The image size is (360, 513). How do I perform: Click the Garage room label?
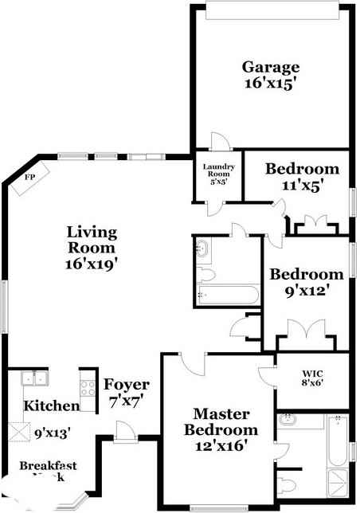coord(271,67)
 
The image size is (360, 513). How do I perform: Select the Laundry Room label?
coord(216,173)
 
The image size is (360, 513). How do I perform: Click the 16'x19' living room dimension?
coord(92,264)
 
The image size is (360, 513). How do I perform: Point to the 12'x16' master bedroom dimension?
coord(226,447)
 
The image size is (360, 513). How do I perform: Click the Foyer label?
coord(127,385)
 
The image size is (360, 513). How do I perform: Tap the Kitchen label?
coord(52,406)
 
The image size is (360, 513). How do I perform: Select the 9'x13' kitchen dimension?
coord(52,433)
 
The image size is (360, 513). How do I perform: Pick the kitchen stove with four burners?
coord(88,388)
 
